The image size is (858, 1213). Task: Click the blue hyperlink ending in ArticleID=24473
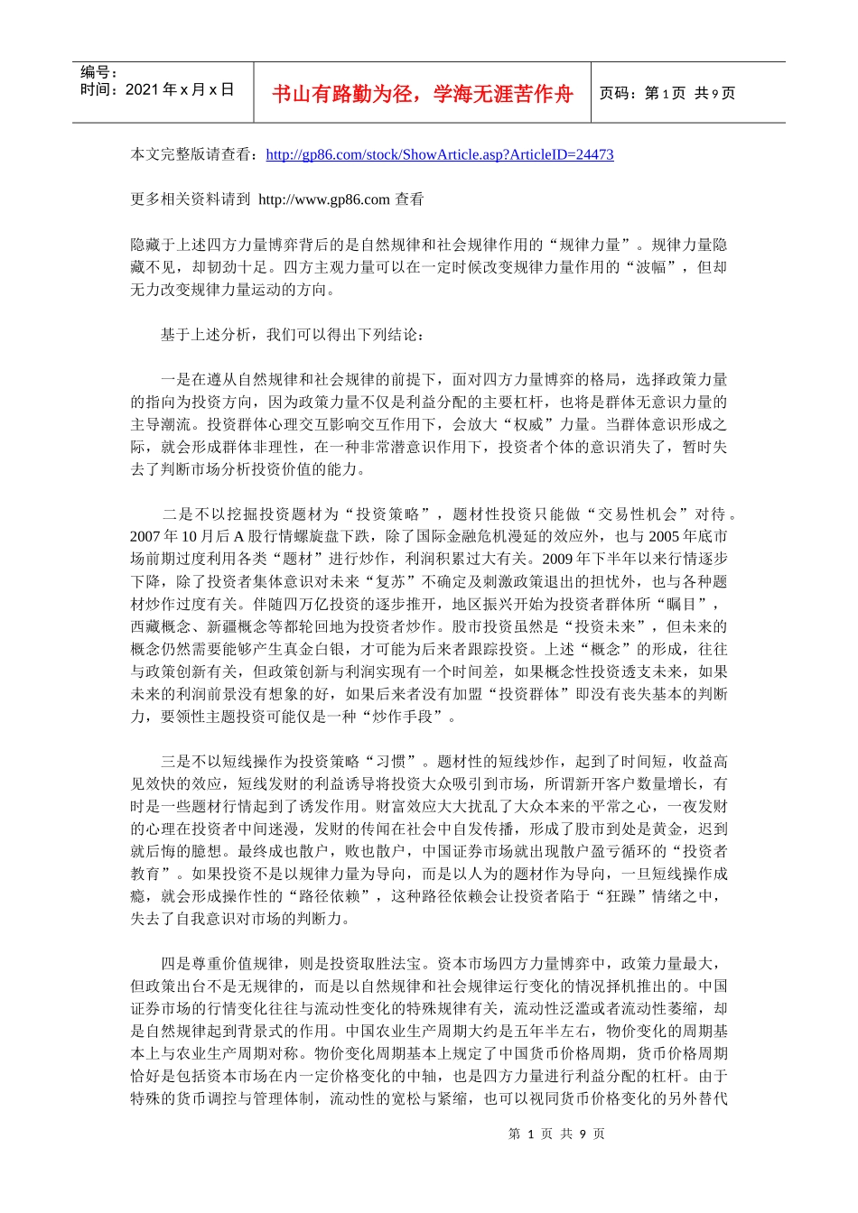coord(440,154)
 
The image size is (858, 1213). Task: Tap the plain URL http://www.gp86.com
coord(324,199)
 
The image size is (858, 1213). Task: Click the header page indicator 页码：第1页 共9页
coord(667,93)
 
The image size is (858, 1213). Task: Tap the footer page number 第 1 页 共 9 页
coord(556,1134)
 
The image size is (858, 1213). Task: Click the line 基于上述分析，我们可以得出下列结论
coord(291,335)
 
